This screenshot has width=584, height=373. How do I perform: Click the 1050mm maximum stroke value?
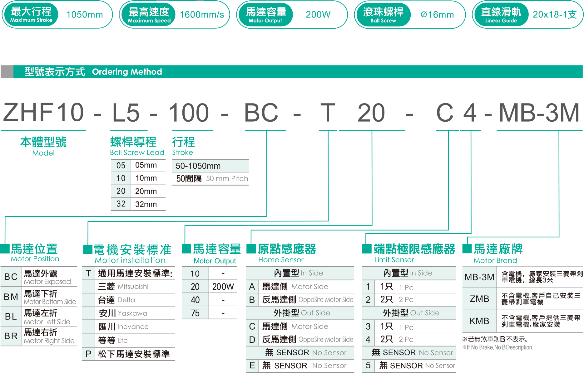coord(84,15)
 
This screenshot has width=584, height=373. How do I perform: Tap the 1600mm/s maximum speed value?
coord(202,15)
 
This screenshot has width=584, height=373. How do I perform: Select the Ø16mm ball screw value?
coord(437,15)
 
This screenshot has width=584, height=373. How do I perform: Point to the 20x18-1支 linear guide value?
coord(555,15)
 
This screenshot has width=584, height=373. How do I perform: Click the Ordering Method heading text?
coord(127,72)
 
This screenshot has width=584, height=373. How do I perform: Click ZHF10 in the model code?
coord(43,112)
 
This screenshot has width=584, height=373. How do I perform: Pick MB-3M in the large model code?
coord(539,113)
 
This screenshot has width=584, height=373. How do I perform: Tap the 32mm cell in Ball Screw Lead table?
coord(146,204)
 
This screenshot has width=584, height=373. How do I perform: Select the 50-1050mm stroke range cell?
coord(198,166)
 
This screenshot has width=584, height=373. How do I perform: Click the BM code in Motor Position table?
coord(11,297)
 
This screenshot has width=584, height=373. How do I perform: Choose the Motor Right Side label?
coord(49,341)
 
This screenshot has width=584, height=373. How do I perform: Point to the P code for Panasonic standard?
coord(88,354)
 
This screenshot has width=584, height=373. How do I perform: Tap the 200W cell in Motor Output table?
coord(223,287)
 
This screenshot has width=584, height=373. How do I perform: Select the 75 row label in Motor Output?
coord(195,313)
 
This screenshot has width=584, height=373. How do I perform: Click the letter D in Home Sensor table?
coord(252,340)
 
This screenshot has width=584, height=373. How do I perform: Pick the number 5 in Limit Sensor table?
coord(368,365)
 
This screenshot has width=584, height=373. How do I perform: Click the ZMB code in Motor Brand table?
coord(479,299)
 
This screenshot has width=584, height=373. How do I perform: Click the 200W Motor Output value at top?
coord(318,15)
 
